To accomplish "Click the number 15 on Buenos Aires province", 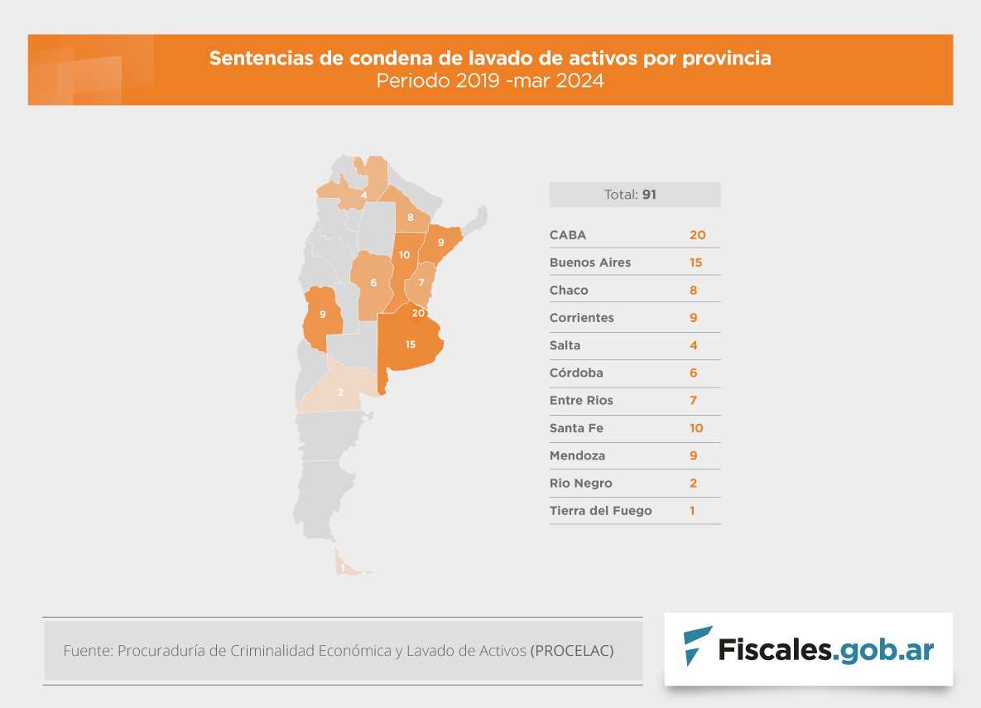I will pyautogui.click(x=411, y=344).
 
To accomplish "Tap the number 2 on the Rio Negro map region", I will pyautogui.click(x=339, y=392).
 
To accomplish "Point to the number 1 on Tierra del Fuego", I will pyautogui.click(x=343, y=568).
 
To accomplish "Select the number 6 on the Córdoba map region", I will pyautogui.click(x=373, y=282).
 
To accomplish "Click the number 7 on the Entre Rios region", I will pyautogui.click(x=421, y=282).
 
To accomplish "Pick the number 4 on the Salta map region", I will pyautogui.click(x=364, y=194).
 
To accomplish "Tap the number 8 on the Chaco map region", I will pyautogui.click(x=410, y=218).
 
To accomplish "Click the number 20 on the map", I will pyautogui.click(x=418, y=312).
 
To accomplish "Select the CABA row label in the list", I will pyautogui.click(x=568, y=235).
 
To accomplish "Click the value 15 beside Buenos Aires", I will pyautogui.click(x=695, y=262).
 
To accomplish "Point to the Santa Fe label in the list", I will pyautogui.click(x=576, y=428).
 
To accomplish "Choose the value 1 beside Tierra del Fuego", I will pyautogui.click(x=692, y=511).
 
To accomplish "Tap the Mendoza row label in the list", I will pyautogui.click(x=577, y=455).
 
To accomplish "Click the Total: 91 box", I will pyautogui.click(x=635, y=195).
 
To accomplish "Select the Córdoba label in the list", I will pyautogui.click(x=577, y=373).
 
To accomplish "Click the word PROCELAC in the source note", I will pyautogui.click(x=572, y=651).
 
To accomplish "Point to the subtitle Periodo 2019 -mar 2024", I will pyautogui.click(x=490, y=81).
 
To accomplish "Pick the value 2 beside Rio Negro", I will pyautogui.click(x=693, y=484).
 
